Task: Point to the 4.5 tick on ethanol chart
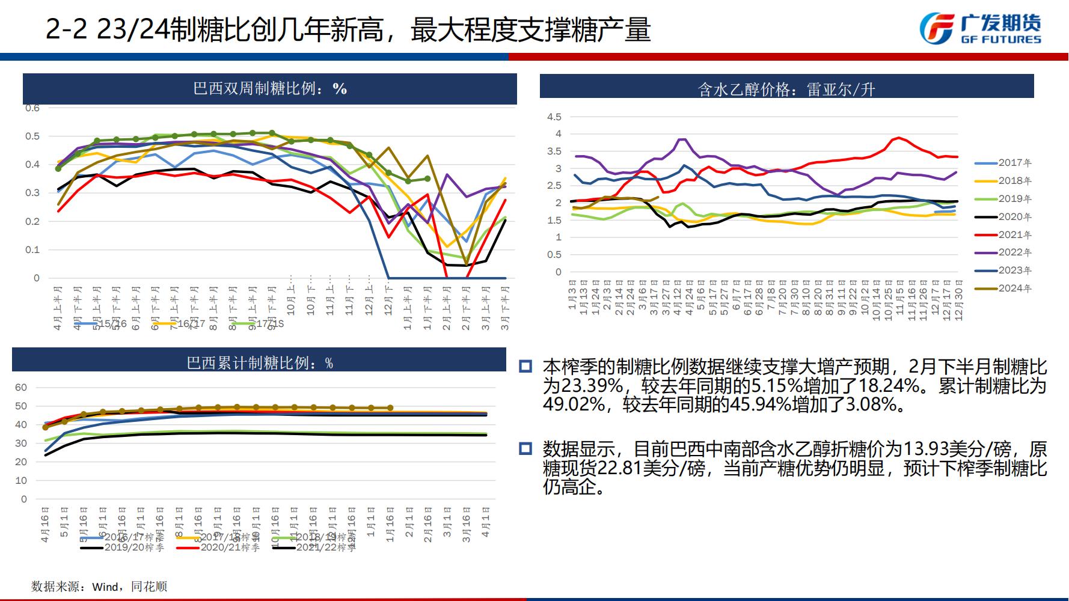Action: (554, 117)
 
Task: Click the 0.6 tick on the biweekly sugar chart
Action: (32, 108)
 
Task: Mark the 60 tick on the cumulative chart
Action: (21, 387)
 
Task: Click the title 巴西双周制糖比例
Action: (269, 89)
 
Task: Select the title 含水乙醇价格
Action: (786, 90)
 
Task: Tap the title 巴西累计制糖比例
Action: (259, 363)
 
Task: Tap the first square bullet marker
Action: (525, 367)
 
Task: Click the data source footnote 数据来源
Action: (99, 586)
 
